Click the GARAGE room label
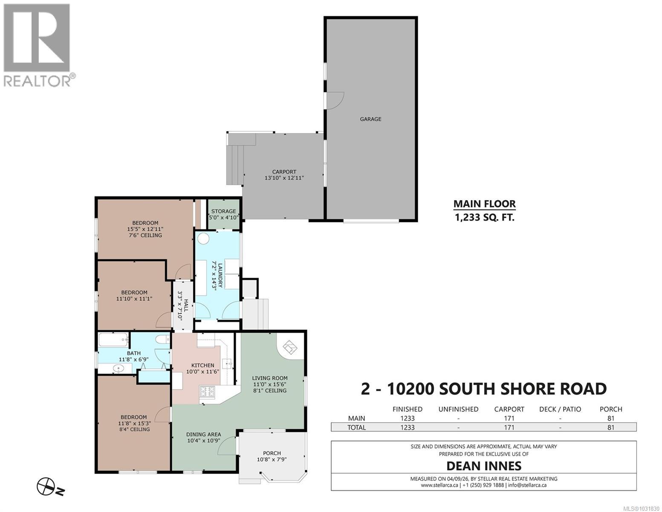click(x=370, y=119)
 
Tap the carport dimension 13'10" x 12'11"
click(x=284, y=178)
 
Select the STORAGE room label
click(x=223, y=211)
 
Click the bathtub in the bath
click(x=113, y=340)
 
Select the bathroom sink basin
click(x=118, y=368)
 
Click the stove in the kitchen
click(x=208, y=392)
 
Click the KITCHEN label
click(x=202, y=365)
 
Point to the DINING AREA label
click(x=203, y=434)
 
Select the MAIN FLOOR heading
click(x=484, y=204)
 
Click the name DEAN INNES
click(x=484, y=465)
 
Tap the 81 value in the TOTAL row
click(x=610, y=427)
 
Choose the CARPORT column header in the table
click(x=509, y=409)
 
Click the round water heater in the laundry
click(x=203, y=239)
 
